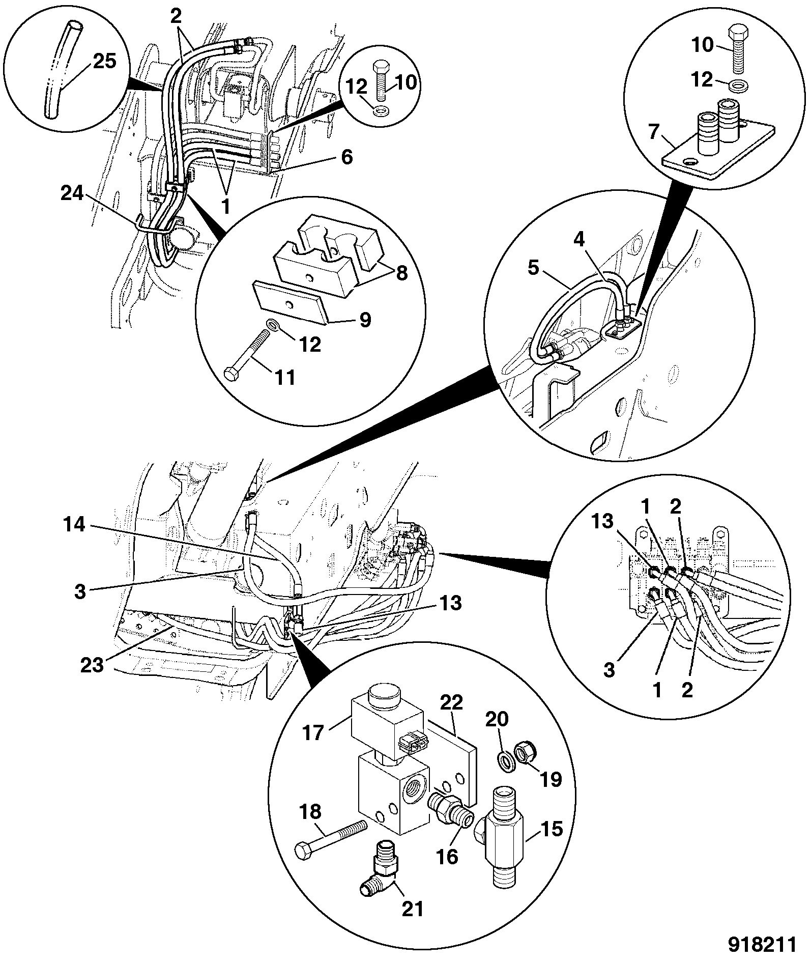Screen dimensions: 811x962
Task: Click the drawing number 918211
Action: pyautogui.click(x=761, y=945)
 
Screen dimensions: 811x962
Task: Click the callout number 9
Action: pyautogui.click(x=365, y=320)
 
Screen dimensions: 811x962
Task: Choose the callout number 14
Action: pyautogui.click(x=74, y=524)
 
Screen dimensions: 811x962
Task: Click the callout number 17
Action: pyautogui.click(x=313, y=733)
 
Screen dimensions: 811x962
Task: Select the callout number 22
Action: pyautogui.click(x=451, y=703)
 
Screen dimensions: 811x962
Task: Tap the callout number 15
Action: pyautogui.click(x=552, y=829)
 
